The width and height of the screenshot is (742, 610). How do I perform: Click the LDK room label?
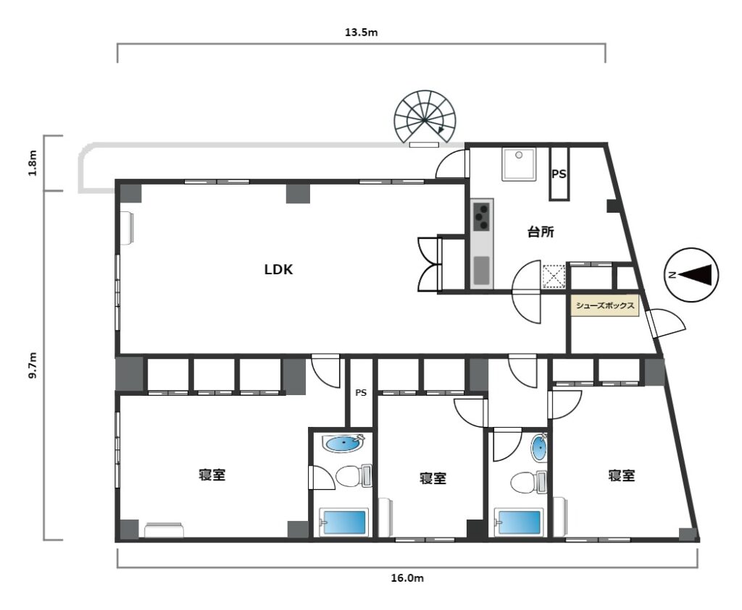[278, 269]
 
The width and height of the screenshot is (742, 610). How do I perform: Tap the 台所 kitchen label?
[541, 232]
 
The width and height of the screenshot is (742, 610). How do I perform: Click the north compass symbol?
[691, 275]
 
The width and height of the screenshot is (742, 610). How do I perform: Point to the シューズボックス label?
[605, 305]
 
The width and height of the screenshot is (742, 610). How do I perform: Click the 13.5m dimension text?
[361, 33]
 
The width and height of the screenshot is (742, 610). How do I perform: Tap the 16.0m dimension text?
[407, 578]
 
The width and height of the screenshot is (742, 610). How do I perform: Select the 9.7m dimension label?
[33, 365]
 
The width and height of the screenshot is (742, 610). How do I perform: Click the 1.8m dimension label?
[33, 163]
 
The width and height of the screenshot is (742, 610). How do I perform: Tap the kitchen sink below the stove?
[482, 271]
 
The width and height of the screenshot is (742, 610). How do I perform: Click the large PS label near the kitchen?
[559, 174]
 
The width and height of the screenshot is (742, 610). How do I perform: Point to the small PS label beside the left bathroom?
[361, 393]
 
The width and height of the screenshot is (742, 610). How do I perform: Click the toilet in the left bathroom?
[354, 476]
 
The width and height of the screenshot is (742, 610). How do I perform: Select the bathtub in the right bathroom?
[517, 522]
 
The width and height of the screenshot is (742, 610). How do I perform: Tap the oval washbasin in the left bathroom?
[343, 444]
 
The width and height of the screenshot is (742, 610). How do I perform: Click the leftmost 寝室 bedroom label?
[212, 475]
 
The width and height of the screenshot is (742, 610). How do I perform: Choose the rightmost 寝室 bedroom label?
[621, 475]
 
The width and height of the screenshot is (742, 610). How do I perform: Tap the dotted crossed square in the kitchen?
[554, 276]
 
